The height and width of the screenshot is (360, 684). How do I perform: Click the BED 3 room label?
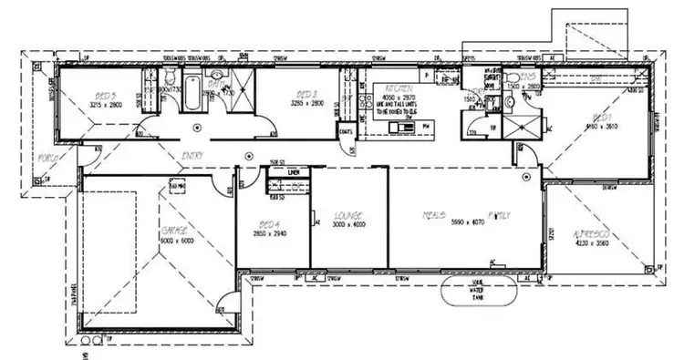coord(104,95)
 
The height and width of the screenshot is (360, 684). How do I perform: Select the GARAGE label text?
coord(174,231)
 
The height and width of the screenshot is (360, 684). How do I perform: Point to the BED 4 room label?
coord(269,223)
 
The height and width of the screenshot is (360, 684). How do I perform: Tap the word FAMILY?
coord(499,216)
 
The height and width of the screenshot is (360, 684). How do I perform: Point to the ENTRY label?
coord(192,156)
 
